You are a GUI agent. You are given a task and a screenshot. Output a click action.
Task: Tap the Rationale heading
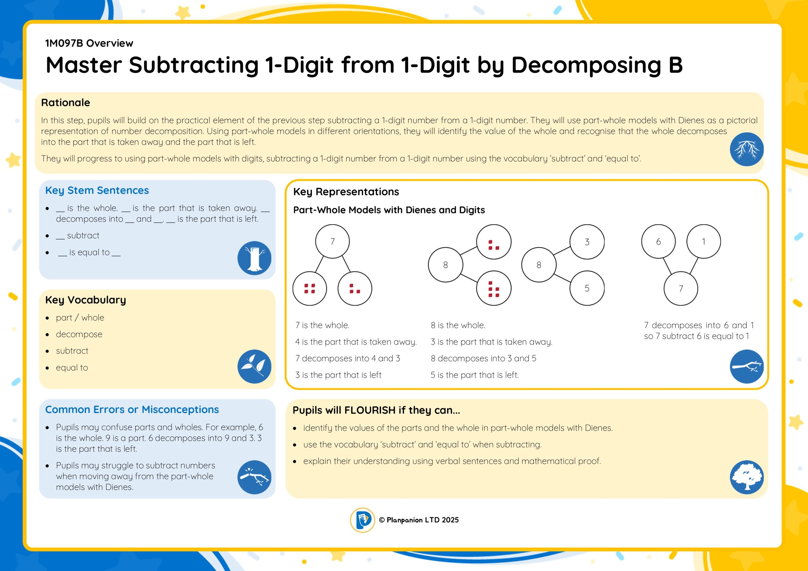coord(65,103)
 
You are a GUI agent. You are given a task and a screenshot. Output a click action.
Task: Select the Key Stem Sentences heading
coord(97,190)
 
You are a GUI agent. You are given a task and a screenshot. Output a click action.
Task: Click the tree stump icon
coord(254,258)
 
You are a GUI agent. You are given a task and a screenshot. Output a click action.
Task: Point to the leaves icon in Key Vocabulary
coord(254,366)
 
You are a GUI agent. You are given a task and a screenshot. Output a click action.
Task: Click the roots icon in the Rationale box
coord(746,149)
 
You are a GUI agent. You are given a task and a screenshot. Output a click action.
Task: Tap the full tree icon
coord(746,477)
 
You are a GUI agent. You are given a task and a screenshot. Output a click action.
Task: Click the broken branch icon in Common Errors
coord(254,477)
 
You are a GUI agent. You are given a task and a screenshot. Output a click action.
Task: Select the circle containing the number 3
coord(587,242)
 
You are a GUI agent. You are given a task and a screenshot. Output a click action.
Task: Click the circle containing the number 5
coord(587,288)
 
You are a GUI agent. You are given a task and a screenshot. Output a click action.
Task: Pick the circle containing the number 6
coord(658,241)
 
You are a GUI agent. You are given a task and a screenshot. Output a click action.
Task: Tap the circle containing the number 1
coord(704,241)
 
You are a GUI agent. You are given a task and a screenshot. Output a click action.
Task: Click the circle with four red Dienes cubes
coord(309,288)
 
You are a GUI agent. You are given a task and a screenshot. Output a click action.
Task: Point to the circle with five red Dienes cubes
coord(494,288)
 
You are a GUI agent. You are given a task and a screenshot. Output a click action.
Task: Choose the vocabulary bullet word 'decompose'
coord(79,334)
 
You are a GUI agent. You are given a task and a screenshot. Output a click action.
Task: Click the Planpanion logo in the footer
coord(362,520)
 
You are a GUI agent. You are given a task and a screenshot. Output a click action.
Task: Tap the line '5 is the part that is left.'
coord(474,375)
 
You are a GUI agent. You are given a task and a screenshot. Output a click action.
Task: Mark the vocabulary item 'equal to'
coord(72,368)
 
